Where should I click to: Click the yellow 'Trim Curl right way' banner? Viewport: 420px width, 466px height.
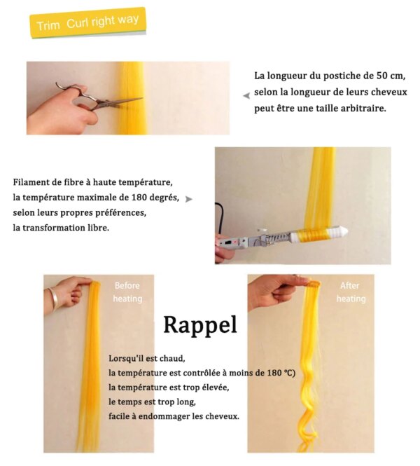coord(88,22)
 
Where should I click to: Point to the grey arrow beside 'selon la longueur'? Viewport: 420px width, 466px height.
coord(246,96)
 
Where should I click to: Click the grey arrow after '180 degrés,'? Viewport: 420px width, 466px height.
coord(189,199)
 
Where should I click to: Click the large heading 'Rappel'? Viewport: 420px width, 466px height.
coord(201,325)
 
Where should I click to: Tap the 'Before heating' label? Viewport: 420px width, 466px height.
coord(127,292)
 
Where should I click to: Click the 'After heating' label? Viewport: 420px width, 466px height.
coord(351,292)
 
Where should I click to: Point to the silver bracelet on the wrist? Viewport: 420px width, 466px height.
coord(53,298)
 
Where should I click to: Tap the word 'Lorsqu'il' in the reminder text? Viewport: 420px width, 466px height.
coord(121,358)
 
